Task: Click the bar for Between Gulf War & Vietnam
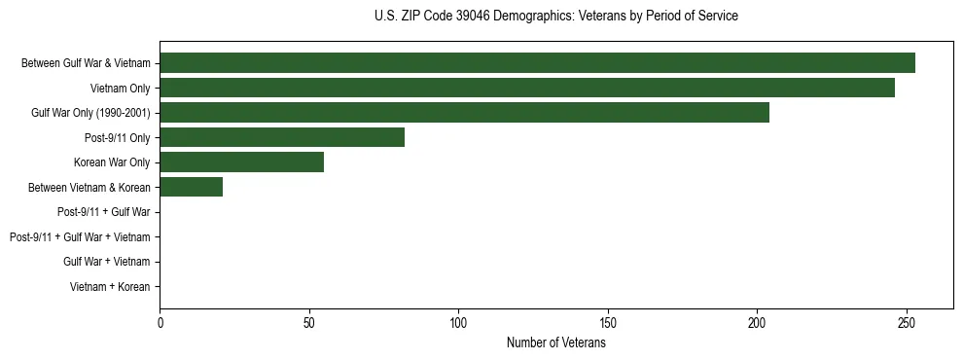(x=537, y=63)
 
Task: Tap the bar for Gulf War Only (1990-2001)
(x=464, y=113)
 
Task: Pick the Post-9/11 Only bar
(x=282, y=137)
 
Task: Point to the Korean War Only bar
(x=241, y=162)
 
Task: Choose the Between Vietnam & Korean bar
(x=191, y=187)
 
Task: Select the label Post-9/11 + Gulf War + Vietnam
(x=80, y=237)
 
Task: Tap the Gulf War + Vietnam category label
(x=107, y=262)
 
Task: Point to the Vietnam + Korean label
(x=110, y=287)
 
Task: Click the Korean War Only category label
(x=112, y=162)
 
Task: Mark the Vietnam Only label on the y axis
(x=121, y=88)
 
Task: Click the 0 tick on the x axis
(x=160, y=322)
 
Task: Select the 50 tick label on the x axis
(x=309, y=322)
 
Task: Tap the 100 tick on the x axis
(x=458, y=322)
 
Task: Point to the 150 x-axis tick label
(x=608, y=322)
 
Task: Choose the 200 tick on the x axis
(x=757, y=322)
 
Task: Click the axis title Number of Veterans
(x=556, y=342)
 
